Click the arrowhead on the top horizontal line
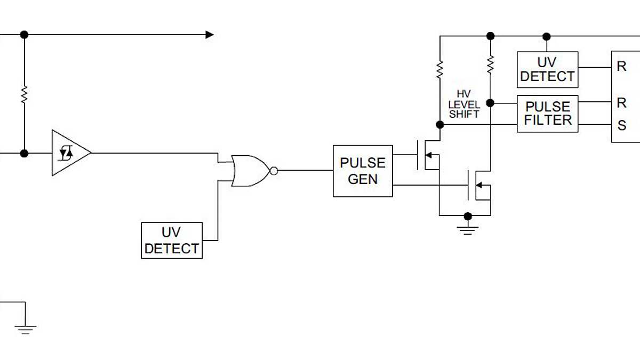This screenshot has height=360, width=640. click(210, 35)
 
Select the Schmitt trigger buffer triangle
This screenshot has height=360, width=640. click(69, 153)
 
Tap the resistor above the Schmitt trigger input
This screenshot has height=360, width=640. click(24, 95)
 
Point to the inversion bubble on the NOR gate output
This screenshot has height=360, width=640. click(274, 171)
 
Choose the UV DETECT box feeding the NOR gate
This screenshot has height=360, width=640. click(172, 241)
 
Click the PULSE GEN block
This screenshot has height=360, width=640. click(363, 171)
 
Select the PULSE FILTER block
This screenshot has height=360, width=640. click(547, 114)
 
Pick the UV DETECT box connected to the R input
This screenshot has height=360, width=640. click(547, 69)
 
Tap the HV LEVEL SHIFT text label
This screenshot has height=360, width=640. click(463, 104)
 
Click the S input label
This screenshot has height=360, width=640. click(622, 126)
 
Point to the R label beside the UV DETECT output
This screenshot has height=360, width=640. click(622, 67)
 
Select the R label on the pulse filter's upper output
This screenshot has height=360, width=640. click(622, 102)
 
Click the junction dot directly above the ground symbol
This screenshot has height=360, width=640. click(468, 216)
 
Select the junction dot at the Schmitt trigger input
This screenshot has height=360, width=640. click(24, 153)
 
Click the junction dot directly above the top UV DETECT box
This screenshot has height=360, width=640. click(546, 36)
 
